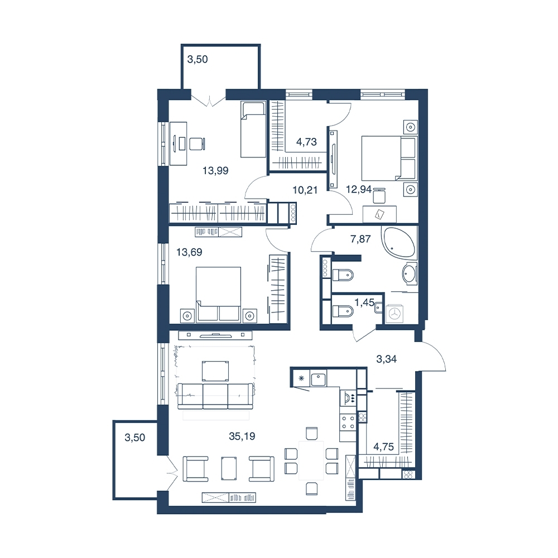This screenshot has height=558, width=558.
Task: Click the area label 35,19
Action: point(242,436)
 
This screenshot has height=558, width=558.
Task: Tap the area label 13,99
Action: point(215,170)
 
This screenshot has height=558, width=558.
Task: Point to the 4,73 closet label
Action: point(306,142)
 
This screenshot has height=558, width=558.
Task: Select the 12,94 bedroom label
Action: point(359,189)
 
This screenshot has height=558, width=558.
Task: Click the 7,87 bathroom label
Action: point(360,239)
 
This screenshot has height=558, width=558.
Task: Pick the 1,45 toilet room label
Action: point(364,302)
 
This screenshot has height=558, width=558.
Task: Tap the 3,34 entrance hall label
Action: point(387,359)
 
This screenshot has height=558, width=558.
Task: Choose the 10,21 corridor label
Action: point(305,190)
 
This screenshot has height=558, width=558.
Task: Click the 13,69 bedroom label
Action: point(189,252)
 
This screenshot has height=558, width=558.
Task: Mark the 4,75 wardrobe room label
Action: point(384,446)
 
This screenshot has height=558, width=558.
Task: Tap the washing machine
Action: point(395,314)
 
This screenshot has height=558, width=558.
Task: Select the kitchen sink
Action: point(319,379)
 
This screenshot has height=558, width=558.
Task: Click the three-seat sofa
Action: point(215,396)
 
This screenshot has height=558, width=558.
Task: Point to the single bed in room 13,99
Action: point(253,129)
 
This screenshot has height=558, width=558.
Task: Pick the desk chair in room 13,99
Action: point(197,144)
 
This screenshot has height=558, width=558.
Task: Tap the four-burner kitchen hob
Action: point(348,422)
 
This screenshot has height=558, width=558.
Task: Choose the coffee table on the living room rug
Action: point(215,371)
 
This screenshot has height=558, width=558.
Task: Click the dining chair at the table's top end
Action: point(311,433)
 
